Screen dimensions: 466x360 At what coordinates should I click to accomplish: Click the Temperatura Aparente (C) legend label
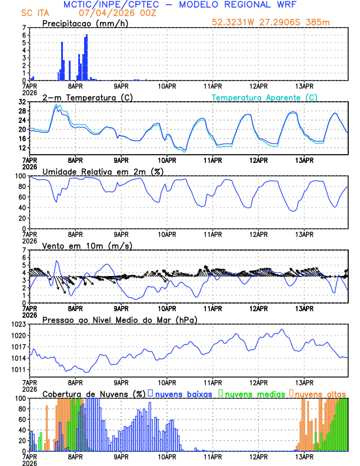coord(265,97)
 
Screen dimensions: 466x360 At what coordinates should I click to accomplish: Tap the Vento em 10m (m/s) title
coord(87,245)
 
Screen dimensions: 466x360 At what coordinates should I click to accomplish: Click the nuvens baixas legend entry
coord(179,394)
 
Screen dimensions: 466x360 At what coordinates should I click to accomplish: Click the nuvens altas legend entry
coord(317,394)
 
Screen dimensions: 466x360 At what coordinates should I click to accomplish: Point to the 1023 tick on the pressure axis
coord(18,324)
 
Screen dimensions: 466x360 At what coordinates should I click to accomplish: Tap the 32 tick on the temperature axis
coord(21,102)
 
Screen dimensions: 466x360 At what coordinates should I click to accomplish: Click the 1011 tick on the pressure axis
coord(18,370)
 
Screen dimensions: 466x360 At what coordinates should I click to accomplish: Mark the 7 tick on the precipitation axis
coord(24,28)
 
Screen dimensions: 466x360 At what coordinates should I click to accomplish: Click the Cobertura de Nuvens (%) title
coord(94,394)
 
